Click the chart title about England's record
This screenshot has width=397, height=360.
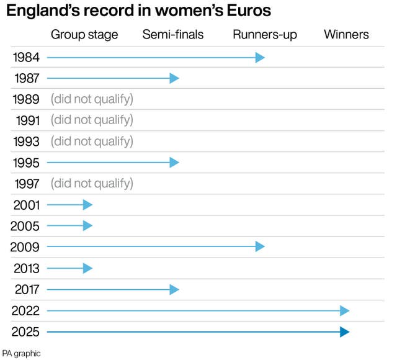(x=138, y=11)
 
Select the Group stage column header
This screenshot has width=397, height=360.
(x=84, y=35)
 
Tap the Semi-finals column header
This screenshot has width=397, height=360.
(x=173, y=35)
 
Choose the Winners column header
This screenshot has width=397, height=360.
(x=346, y=35)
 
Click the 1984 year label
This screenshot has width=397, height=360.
(x=26, y=58)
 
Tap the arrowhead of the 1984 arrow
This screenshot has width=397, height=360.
(x=261, y=58)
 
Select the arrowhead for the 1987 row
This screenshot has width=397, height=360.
(x=174, y=78)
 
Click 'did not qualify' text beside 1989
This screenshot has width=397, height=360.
(x=92, y=99)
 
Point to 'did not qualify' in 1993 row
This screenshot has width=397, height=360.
(x=92, y=142)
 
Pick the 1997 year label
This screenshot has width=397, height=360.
(x=26, y=184)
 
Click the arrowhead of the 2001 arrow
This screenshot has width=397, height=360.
(x=88, y=205)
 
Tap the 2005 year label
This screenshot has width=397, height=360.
(x=26, y=226)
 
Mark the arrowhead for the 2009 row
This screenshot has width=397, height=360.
(x=261, y=247)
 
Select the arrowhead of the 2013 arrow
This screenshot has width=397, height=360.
(x=88, y=268)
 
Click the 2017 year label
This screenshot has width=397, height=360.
(x=26, y=289)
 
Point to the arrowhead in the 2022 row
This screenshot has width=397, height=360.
(x=345, y=310)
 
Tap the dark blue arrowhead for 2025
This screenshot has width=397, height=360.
(x=345, y=332)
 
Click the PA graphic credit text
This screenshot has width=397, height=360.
(x=22, y=353)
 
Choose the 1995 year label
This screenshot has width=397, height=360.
(x=26, y=163)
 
